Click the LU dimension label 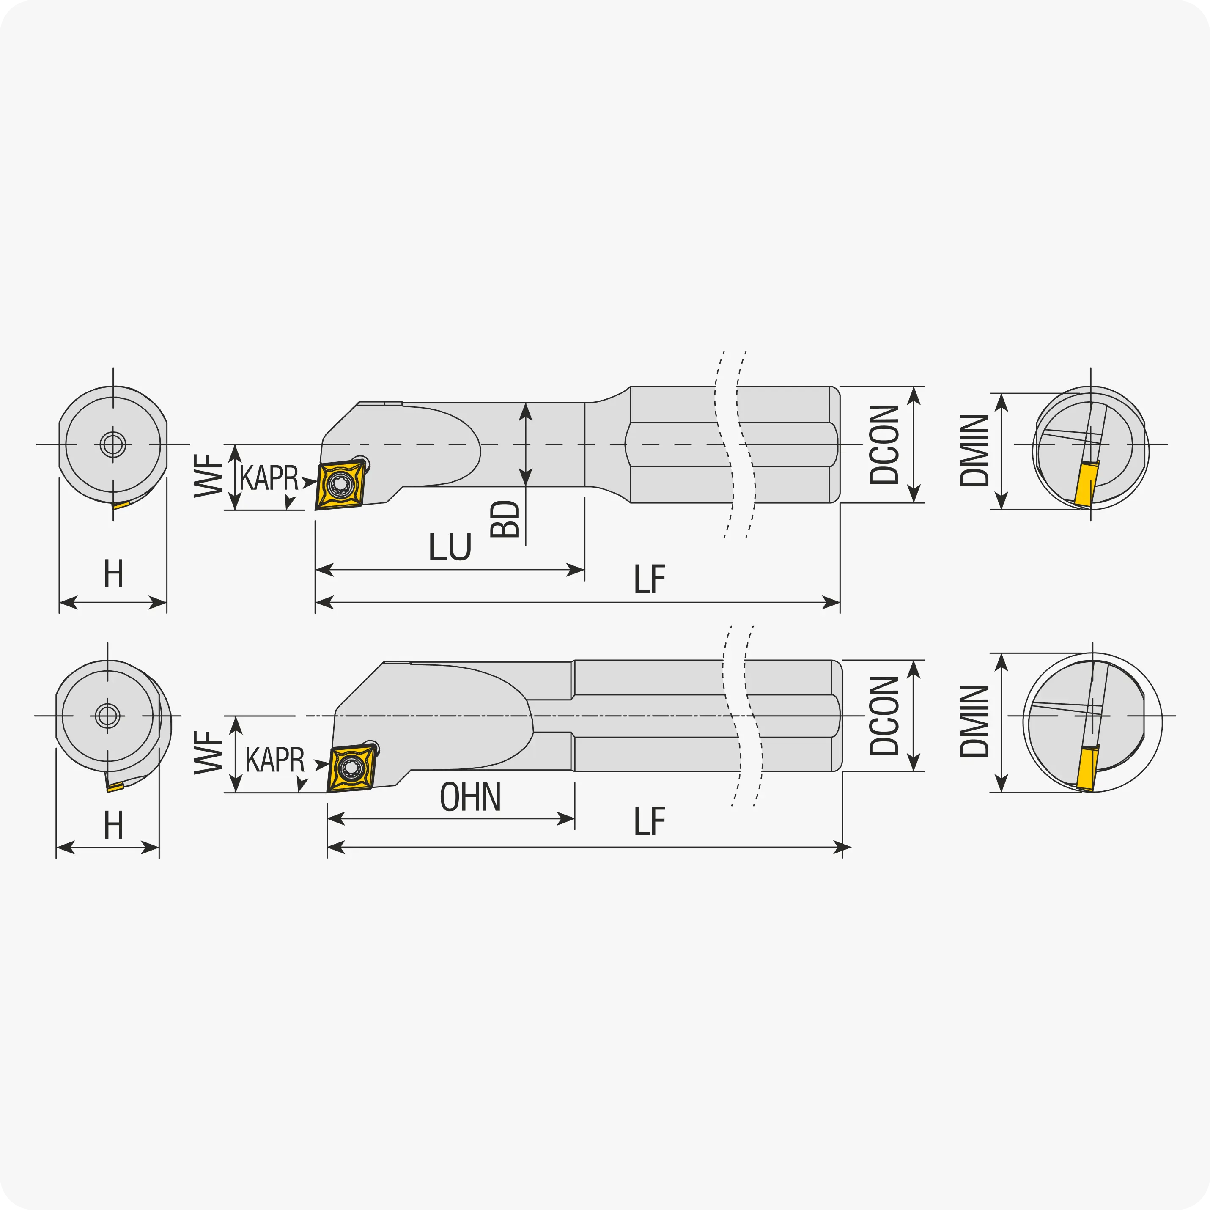450,547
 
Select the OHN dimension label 470,797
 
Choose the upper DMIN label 974,450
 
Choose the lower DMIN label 974,721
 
